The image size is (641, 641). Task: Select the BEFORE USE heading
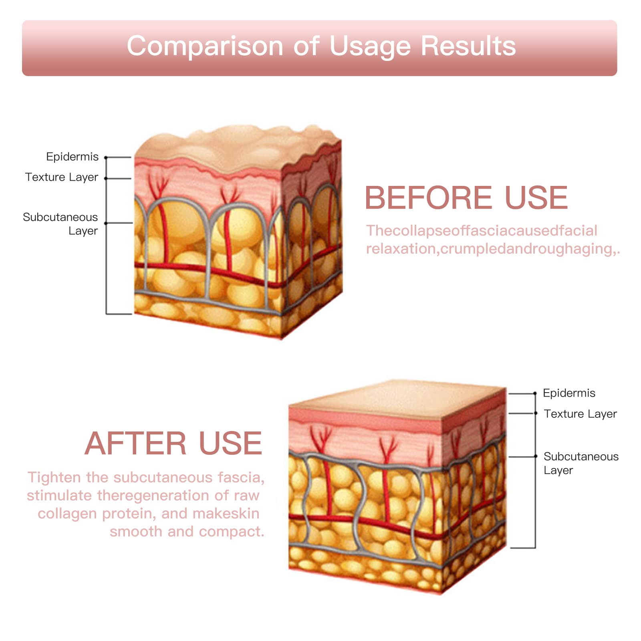point(466,198)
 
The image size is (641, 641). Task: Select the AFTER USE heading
point(173,443)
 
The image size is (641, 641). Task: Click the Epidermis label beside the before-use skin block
point(72,157)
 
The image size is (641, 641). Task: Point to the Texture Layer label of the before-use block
point(62,177)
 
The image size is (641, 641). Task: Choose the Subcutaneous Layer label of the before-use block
point(60,224)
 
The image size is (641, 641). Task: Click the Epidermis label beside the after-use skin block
point(569,393)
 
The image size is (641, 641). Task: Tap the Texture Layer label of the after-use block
point(580,414)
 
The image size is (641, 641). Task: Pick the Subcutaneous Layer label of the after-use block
point(581,463)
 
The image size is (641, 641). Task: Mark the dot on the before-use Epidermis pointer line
point(106,158)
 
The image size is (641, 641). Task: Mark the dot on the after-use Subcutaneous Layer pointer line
point(535,456)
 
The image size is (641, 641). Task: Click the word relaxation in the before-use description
point(401,249)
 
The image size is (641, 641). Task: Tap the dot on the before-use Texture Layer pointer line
point(106,178)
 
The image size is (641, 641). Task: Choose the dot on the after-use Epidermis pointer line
point(535,394)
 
